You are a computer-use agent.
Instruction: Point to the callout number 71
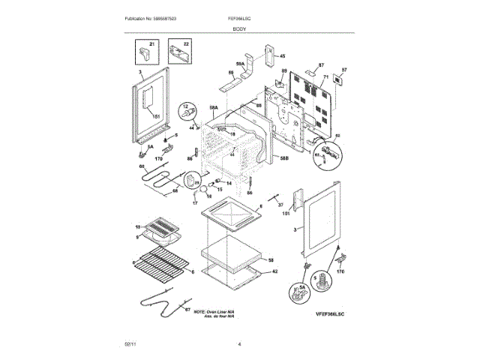coord(325,77)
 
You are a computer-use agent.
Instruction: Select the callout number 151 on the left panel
coord(156,117)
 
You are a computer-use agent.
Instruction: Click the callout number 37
coord(281,205)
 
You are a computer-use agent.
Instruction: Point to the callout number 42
coord(274,271)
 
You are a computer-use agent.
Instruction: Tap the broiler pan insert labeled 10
coord(162,226)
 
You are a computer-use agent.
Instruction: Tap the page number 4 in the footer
coord(239,344)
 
